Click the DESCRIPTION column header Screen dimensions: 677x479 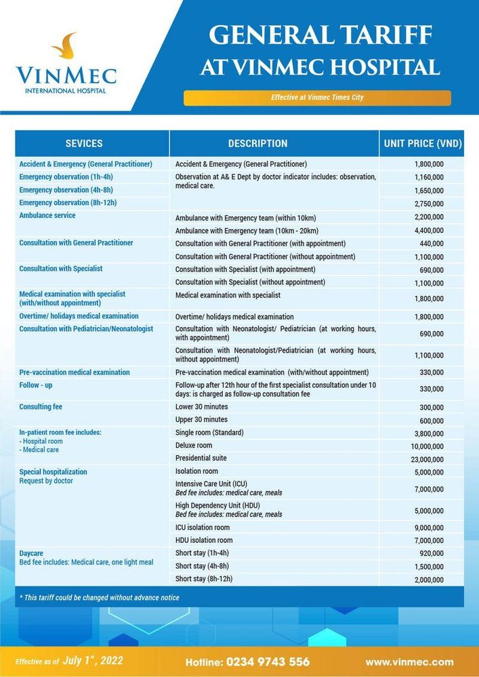(257, 144)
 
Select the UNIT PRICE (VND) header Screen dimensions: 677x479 (422, 144)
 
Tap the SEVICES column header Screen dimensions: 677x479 (84, 144)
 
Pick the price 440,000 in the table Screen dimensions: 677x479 (432, 244)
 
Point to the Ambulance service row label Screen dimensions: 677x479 (47, 216)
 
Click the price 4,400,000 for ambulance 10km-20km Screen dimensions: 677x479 (428, 231)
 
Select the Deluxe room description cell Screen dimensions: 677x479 (194, 445)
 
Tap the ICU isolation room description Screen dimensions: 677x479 (203, 527)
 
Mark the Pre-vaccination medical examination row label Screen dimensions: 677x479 (75, 372)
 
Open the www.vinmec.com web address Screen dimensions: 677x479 (409, 661)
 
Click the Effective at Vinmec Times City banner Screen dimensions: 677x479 (317, 97)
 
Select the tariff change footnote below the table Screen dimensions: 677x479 (100, 598)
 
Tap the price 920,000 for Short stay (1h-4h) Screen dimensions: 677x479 (432, 553)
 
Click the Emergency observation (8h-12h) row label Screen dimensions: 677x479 (68, 202)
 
